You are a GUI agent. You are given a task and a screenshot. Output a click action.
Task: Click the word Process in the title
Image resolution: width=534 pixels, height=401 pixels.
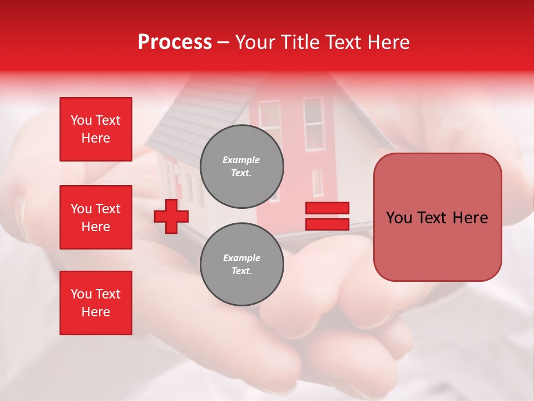pos(175,42)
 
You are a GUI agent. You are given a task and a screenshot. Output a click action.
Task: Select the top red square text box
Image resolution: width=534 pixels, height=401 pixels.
pos(96,129)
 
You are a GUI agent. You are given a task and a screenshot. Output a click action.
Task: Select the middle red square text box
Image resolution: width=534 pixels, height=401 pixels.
pos(96,217)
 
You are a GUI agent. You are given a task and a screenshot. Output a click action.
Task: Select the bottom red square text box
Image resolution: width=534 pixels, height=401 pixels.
pos(96,303)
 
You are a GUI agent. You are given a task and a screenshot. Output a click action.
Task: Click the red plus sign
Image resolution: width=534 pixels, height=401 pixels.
pos(171,217)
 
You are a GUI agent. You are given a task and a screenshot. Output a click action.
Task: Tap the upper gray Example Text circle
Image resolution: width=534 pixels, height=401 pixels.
pos(241,166)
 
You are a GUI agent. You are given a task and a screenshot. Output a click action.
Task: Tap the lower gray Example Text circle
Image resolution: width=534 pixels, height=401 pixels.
pos(241,264)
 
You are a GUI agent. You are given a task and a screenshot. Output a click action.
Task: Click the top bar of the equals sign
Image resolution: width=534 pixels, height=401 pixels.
pos(327,208)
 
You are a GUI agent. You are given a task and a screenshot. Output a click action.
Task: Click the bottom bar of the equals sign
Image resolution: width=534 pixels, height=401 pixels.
pos(327,224)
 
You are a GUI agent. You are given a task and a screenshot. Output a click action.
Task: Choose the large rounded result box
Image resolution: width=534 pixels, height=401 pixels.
pos(437,217)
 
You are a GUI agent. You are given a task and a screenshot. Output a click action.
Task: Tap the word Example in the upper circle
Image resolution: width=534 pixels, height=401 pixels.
pos(241,160)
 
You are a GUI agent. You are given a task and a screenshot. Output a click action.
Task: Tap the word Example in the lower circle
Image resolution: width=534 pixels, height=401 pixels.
pos(241,258)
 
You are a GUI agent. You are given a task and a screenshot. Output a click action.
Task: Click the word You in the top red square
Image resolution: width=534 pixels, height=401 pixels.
pos(81,120)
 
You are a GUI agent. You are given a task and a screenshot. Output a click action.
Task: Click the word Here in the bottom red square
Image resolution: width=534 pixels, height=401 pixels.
pos(96,312)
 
